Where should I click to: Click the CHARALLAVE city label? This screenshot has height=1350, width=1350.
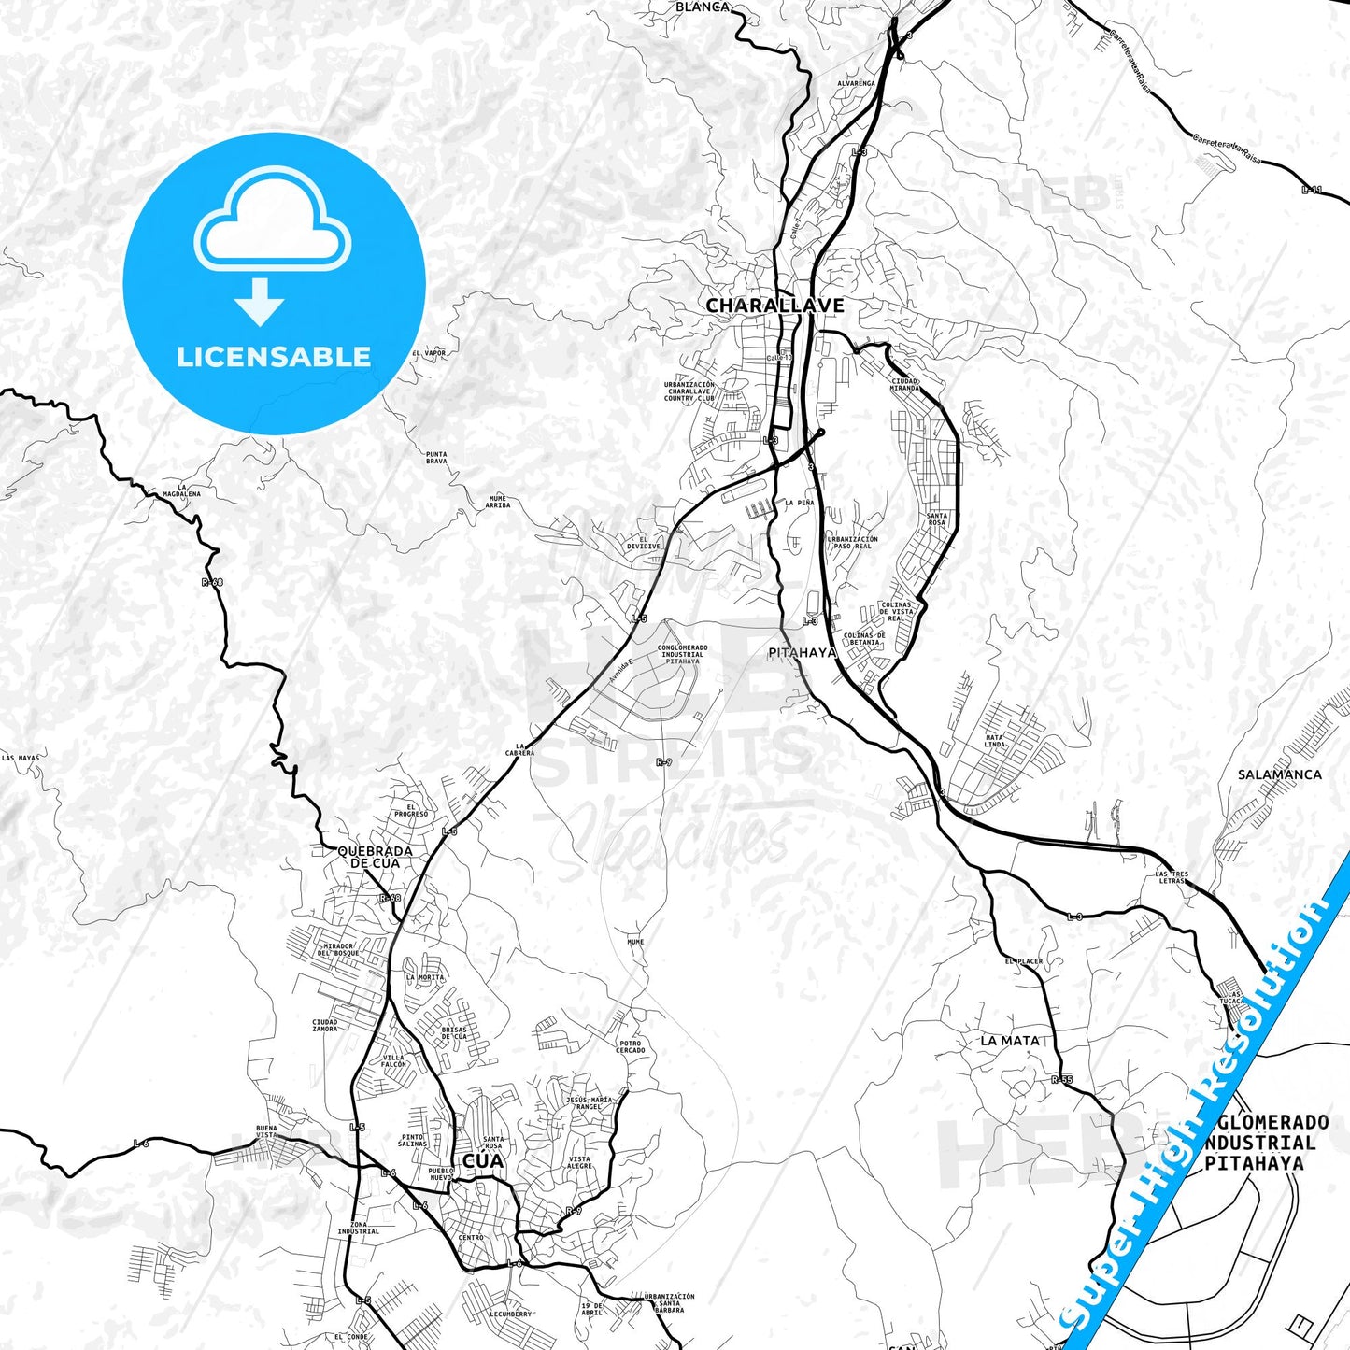(774, 306)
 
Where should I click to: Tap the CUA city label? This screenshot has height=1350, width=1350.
(482, 1160)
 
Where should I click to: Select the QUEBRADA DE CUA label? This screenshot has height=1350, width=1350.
(375, 857)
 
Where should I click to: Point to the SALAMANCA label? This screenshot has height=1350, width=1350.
(1279, 774)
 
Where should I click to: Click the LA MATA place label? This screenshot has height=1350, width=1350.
(1009, 1040)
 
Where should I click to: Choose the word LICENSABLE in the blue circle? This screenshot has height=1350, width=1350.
(274, 357)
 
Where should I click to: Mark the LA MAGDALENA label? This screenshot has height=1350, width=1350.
(181, 490)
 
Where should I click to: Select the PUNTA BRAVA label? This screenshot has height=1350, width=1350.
(436, 458)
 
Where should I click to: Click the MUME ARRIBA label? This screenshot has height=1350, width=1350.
(498, 502)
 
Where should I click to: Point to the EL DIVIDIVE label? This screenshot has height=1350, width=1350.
(643, 543)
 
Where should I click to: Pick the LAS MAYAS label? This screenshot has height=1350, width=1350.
(21, 758)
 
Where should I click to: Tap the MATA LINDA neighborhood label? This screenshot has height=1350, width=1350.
(994, 741)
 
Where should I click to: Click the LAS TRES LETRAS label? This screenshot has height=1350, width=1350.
(1172, 877)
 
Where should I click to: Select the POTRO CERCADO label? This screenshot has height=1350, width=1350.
(631, 1046)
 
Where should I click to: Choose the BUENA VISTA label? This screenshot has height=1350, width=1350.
(266, 1131)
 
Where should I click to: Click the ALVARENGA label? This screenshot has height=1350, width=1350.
(856, 83)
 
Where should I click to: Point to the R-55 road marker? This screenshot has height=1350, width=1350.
(1061, 1080)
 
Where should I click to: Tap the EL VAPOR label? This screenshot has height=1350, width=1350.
(429, 353)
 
